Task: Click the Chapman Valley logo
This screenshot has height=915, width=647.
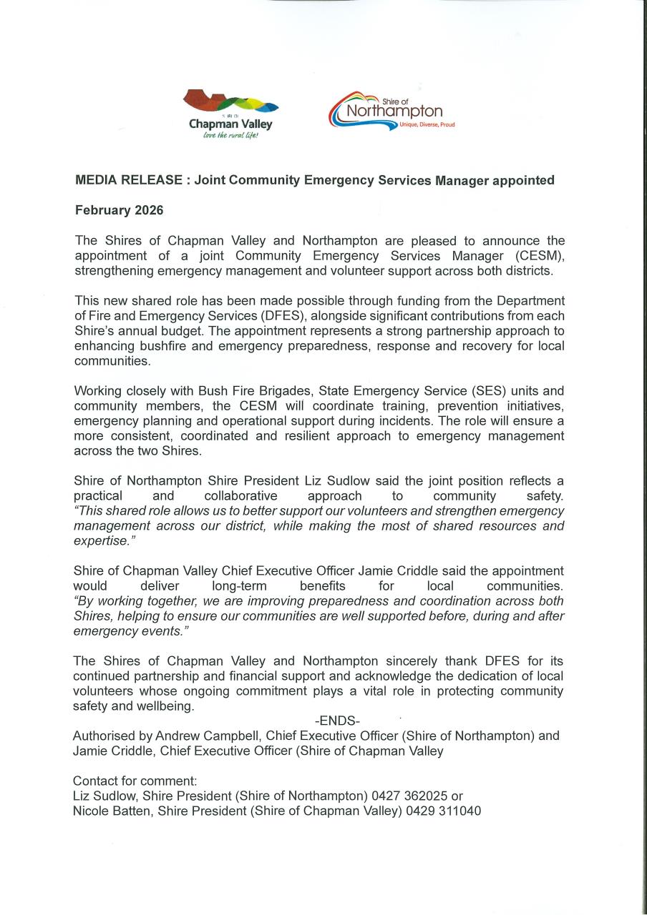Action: [x=230, y=113]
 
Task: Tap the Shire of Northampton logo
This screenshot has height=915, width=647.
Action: [x=392, y=112]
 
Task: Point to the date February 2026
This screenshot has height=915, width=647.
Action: [x=119, y=210]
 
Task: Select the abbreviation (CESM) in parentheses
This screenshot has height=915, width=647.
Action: [x=540, y=255]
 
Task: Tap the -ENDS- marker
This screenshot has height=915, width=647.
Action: [x=337, y=721]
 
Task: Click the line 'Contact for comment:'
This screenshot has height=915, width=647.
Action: [x=135, y=781]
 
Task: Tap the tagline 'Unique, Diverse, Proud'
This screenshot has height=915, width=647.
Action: [x=427, y=124]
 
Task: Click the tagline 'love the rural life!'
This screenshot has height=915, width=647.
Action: [x=230, y=135]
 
